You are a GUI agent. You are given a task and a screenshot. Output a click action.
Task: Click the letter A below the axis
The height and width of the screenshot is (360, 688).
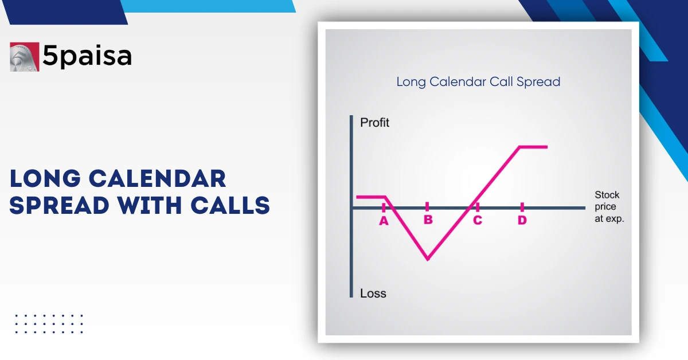384,221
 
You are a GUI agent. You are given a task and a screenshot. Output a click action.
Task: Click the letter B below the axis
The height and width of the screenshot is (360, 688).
428,221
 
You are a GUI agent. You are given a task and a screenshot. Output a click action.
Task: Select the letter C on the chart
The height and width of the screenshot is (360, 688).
477,221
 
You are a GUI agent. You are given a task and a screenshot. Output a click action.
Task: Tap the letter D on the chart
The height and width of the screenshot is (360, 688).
522,221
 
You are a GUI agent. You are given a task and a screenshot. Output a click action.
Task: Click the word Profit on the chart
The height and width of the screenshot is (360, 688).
374,123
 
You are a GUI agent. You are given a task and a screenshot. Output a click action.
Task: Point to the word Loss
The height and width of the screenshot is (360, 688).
373,294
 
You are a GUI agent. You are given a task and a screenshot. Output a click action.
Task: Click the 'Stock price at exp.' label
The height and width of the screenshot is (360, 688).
608,207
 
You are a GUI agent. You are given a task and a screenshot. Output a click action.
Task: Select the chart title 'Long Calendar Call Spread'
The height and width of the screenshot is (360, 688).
478,82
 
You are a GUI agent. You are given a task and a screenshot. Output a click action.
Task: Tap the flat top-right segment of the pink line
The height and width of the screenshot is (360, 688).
534,147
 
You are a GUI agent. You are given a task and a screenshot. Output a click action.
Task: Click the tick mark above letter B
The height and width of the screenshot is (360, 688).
428,206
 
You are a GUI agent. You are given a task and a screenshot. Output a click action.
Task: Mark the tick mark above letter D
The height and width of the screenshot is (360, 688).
522,206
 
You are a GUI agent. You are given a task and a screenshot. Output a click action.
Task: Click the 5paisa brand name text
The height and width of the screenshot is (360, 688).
87,56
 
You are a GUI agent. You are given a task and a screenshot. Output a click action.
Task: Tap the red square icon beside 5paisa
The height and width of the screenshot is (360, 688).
25,57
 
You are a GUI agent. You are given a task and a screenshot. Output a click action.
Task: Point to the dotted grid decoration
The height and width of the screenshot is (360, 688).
49,324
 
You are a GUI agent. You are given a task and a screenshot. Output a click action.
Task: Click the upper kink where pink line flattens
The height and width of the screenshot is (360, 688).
520,147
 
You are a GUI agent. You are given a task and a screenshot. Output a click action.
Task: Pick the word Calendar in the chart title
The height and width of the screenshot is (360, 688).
458,82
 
